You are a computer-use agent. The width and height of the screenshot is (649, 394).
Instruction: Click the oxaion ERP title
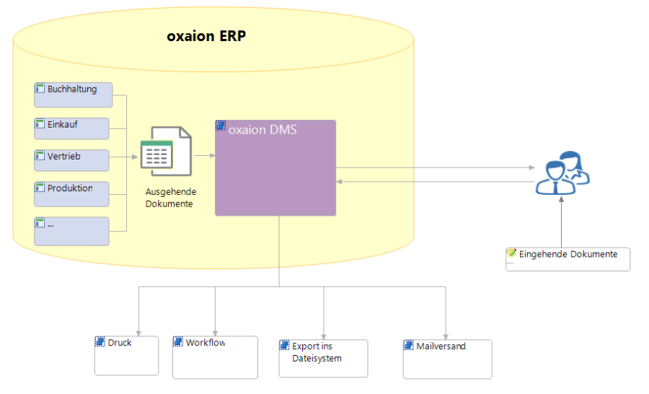pyautogui.click(x=206, y=36)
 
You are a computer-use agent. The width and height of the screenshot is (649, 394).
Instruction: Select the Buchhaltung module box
pyautogui.click(x=74, y=95)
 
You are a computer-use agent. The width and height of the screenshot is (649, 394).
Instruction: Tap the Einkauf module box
pyautogui.click(x=71, y=128)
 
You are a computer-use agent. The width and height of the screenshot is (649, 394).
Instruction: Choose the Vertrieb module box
pyautogui.click(x=71, y=160)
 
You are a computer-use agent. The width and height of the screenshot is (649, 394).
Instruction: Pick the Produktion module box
pyautogui.click(x=71, y=194)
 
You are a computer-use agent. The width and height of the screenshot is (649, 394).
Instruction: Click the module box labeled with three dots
pyautogui.click(x=71, y=231)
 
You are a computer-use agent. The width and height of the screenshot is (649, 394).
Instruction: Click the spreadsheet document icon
pyautogui.click(x=166, y=152)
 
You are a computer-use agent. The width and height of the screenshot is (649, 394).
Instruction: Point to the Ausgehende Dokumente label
pyautogui.click(x=170, y=198)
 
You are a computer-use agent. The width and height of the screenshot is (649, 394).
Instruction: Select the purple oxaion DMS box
pyautogui.click(x=275, y=168)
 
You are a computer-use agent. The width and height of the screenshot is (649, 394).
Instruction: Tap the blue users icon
pyautogui.click(x=562, y=172)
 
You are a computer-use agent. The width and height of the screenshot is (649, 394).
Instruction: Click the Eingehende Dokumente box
pyautogui.click(x=568, y=259)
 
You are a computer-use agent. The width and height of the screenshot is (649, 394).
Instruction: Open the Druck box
pyautogui.click(x=127, y=356)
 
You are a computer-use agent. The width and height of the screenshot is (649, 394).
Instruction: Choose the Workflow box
pyautogui.click(x=215, y=357)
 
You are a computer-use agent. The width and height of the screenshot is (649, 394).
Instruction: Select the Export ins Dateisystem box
pyautogui.click(x=323, y=359)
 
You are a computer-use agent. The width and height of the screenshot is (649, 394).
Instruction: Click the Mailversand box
pyautogui.click(x=447, y=359)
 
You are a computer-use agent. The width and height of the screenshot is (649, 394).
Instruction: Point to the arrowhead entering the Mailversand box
pyautogui.click(x=446, y=337)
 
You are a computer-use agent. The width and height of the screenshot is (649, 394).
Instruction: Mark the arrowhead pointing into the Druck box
pyautogui.click(x=138, y=333)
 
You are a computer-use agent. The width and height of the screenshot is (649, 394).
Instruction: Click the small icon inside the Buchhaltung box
pyautogui.click(x=40, y=88)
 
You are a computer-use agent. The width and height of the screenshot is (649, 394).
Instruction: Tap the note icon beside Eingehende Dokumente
pyautogui.click(x=511, y=253)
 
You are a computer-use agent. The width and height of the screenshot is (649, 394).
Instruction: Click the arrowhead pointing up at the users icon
pyautogui.click(x=561, y=199)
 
